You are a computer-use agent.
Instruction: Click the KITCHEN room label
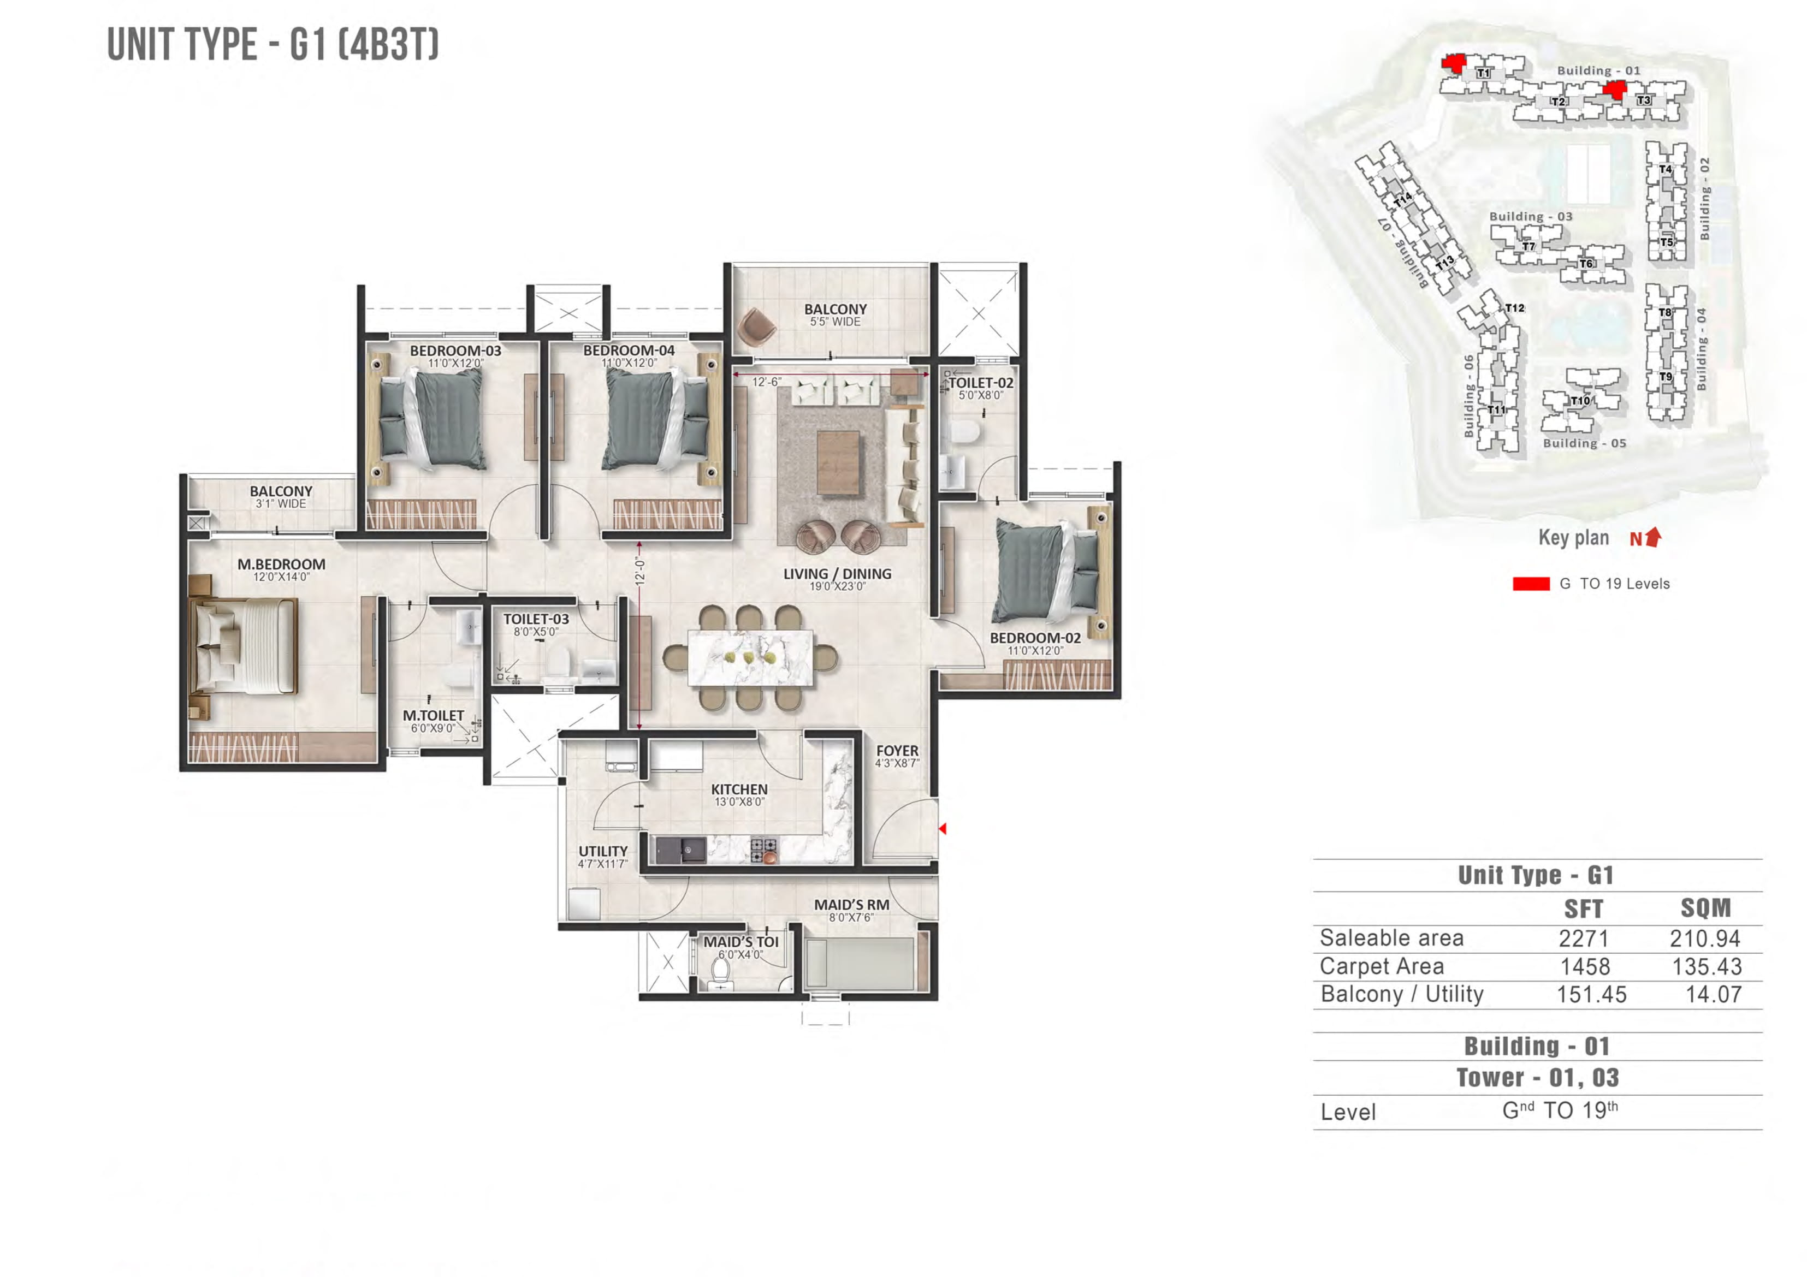pos(739,789)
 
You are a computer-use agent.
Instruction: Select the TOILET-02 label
pos(981,383)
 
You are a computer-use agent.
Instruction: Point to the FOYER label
pos(897,751)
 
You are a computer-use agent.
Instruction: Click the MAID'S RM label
pos(851,905)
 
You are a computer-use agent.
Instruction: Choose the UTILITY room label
pos(603,851)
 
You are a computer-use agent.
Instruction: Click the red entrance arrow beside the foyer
pos(942,829)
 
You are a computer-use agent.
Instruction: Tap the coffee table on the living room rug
pos(837,462)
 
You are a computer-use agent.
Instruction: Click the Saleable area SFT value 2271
pos(1584,939)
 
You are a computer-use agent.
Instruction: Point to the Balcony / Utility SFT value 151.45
pos(1591,995)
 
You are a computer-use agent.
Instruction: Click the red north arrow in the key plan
pos(1654,537)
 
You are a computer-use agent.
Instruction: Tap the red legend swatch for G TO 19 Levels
pos(1531,584)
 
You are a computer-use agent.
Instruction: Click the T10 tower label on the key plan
pos(1579,401)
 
